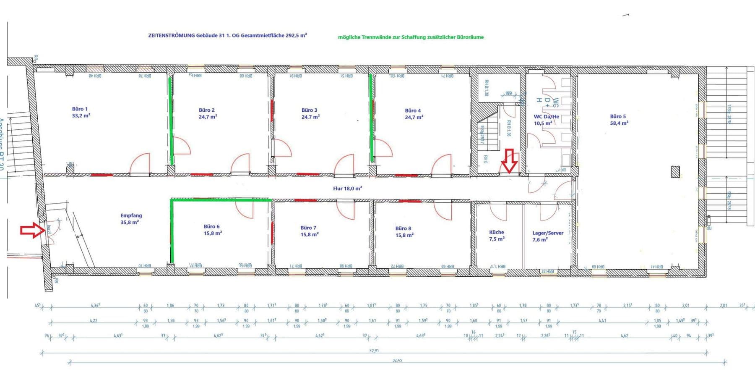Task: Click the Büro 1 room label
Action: coord(80,109)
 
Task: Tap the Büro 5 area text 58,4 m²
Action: coord(619,123)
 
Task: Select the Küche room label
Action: coord(497,232)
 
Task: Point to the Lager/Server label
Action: coord(548,233)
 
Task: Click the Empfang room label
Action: coord(131,215)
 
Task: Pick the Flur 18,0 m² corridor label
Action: coord(347,189)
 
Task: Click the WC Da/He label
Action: coord(546,117)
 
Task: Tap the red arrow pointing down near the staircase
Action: coord(510,161)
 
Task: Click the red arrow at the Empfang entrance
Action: coord(32,231)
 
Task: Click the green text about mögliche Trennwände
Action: coord(411,37)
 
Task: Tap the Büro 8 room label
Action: coord(403,228)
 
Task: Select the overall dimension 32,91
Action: coord(374,350)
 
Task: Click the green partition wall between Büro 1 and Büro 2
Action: coord(171,120)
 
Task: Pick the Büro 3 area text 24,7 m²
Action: coord(310,117)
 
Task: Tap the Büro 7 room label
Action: coord(308,228)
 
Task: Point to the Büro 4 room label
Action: coord(413,110)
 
